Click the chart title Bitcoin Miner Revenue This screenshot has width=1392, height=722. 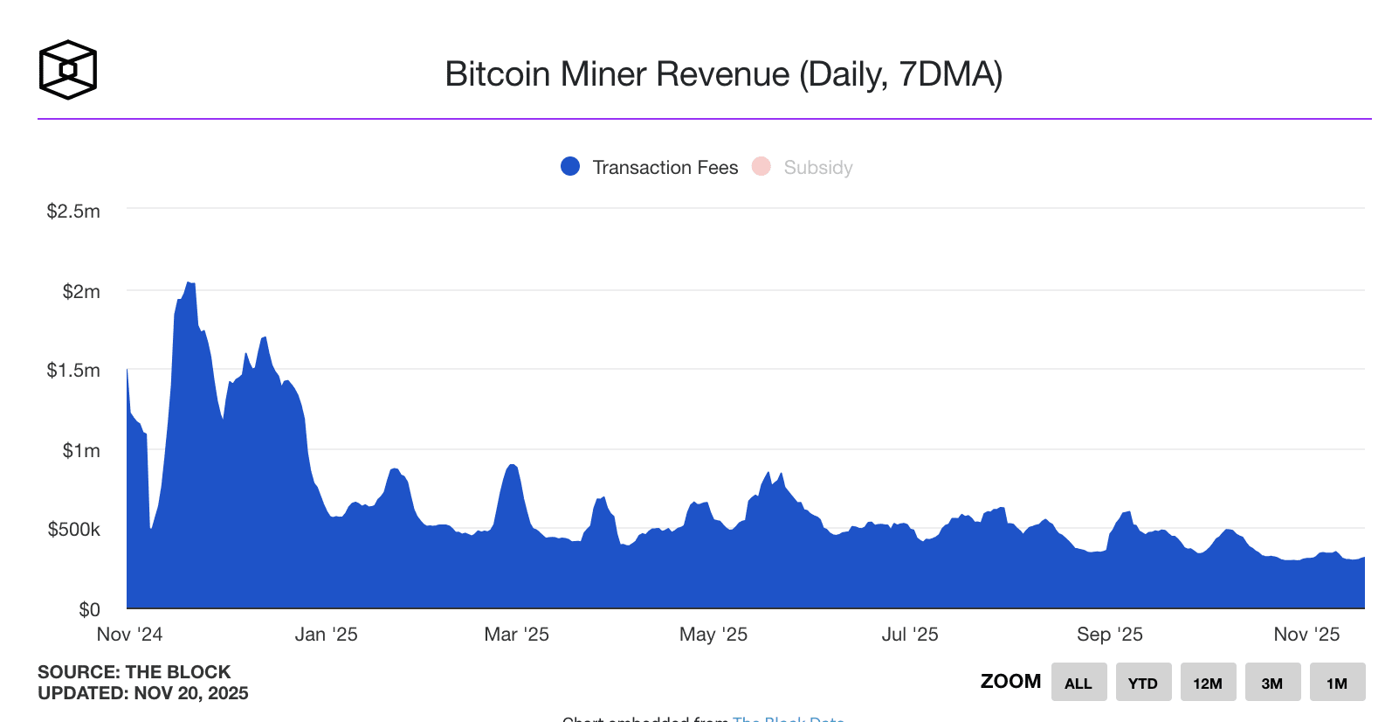tap(723, 74)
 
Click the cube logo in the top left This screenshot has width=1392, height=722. tap(67, 69)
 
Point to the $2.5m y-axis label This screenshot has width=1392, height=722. tap(73, 211)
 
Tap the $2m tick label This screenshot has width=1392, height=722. tap(80, 291)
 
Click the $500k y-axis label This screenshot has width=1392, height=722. tap(73, 529)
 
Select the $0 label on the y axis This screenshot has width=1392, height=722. tap(89, 609)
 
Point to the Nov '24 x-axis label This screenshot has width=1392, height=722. tap(129, 634)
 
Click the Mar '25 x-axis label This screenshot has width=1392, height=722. tap(516, 634)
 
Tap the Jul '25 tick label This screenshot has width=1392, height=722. tap(909, 634)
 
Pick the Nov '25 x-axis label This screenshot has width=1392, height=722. tap(1306, 634)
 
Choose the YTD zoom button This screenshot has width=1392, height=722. tap(1142, 683)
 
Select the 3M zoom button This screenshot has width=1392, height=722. tap(1271, 683)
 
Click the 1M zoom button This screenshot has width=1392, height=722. tap(1336, 683)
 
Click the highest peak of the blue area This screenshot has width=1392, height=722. tap(190, 284)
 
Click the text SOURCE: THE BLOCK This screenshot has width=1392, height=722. tap(134, 671)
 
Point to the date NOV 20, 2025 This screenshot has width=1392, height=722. tap(191, 693)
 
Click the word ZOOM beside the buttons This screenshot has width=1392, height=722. tap(1010, 681)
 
